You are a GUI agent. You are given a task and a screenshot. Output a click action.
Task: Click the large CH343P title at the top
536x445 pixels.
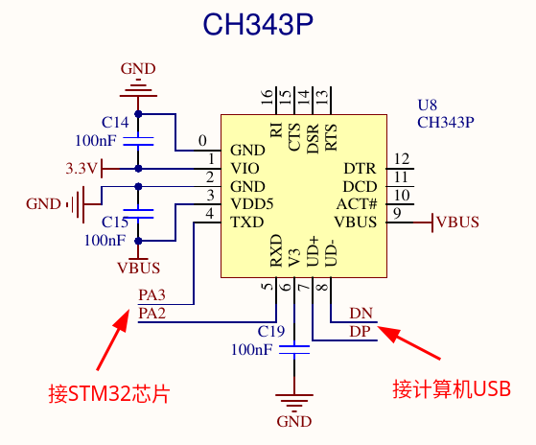(258, 24)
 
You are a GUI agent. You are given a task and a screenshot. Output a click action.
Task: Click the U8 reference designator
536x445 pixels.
(428, 105)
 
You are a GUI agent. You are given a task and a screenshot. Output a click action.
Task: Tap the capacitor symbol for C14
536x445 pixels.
(138, 141)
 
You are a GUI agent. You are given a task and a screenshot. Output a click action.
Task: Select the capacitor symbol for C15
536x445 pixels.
(138, 214)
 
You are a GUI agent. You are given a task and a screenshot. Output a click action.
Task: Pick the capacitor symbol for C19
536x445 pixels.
(294, 350)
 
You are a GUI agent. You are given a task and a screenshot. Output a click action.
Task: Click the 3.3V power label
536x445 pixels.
(82, 169)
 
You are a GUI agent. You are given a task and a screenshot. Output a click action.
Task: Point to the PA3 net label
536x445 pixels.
(152, 295)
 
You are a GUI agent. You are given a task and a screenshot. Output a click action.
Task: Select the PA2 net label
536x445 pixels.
(152, 313)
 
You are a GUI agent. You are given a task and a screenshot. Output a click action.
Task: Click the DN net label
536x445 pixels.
(361, 313)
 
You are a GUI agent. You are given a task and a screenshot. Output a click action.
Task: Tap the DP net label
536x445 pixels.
(360, 331)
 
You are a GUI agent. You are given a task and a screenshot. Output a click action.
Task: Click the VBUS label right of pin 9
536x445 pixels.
(458, 222)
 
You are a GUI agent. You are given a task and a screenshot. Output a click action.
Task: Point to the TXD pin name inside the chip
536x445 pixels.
(247, 222)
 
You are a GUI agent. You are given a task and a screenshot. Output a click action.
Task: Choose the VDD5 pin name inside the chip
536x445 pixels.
(252, 204)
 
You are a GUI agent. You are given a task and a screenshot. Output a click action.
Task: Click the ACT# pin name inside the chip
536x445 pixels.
(357, 204)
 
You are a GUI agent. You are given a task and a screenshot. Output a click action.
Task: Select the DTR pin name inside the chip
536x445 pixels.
(360, 168)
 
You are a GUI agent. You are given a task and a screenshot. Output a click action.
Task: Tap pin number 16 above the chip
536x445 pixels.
(268, 97)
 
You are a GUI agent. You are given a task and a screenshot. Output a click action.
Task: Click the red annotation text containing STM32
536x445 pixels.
(109, 394)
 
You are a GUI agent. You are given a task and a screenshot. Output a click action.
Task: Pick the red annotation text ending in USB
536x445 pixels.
(452, 389)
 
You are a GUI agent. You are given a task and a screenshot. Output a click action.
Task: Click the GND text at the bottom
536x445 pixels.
(294, 421)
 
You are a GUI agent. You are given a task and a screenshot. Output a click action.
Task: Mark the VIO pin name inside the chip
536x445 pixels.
(245, 168)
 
